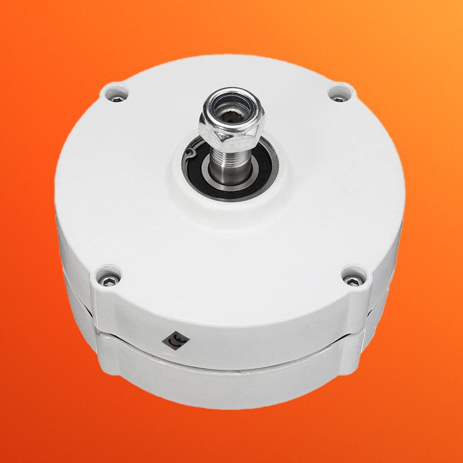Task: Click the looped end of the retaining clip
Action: pyautogui.click(x=191, y=152)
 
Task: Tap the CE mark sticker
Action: pyautogui.click(x=176, y=340)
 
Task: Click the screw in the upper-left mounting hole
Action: pyautogui.click(x=117, y=98)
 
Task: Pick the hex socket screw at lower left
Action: pyautogui.click(x=107, y=281)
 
